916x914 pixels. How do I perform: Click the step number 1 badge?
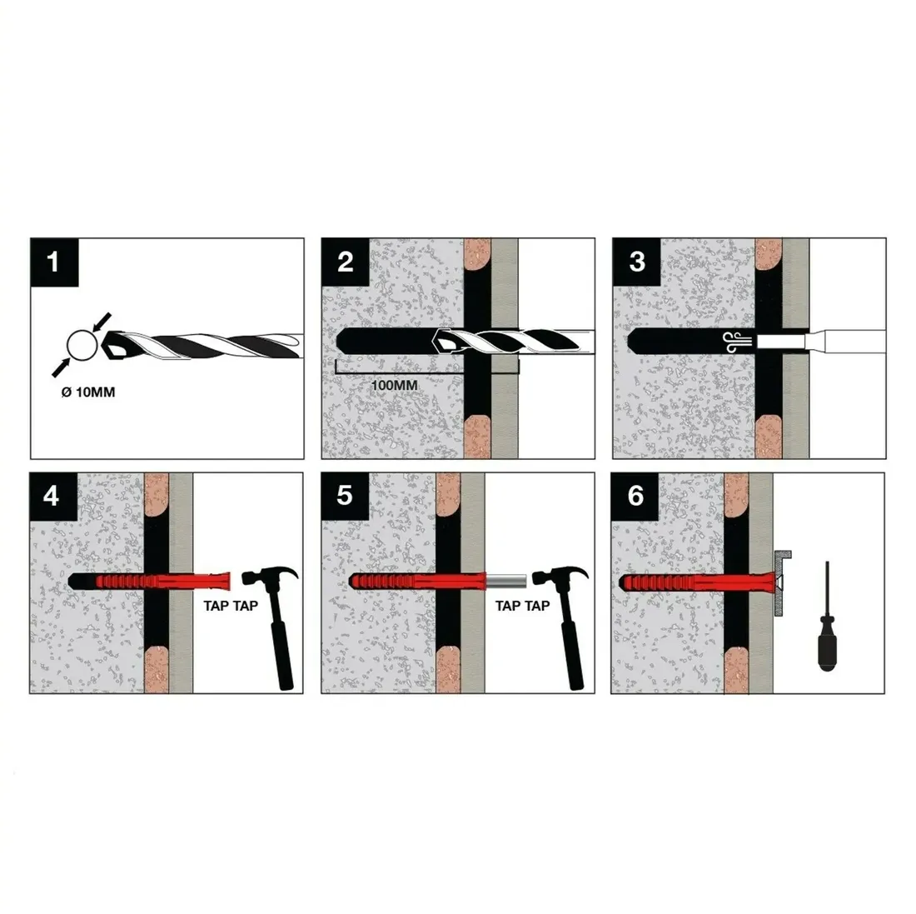[x=54, y=262]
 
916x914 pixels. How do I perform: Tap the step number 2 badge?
[x=346, y=262]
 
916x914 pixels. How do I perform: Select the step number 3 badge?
[x=637, y=262]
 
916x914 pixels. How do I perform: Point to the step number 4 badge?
[x=53, y=496]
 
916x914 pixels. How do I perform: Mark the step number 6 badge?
[x=635, y=496]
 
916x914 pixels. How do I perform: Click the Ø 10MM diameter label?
[x=88, y=392]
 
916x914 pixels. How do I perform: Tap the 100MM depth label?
[x=395, y=386]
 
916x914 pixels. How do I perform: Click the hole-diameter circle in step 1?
[x=82, y=346]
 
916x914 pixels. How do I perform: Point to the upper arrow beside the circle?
[x=102, y=322]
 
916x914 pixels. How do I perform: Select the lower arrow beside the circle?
[x=62, y=367]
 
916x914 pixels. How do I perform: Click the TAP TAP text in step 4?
[x=231, y=606]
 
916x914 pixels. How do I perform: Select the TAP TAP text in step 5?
[x=522, y=606]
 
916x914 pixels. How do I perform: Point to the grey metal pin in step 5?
[x=506, y=581]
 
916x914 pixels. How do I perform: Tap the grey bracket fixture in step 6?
[x=781, y=582]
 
